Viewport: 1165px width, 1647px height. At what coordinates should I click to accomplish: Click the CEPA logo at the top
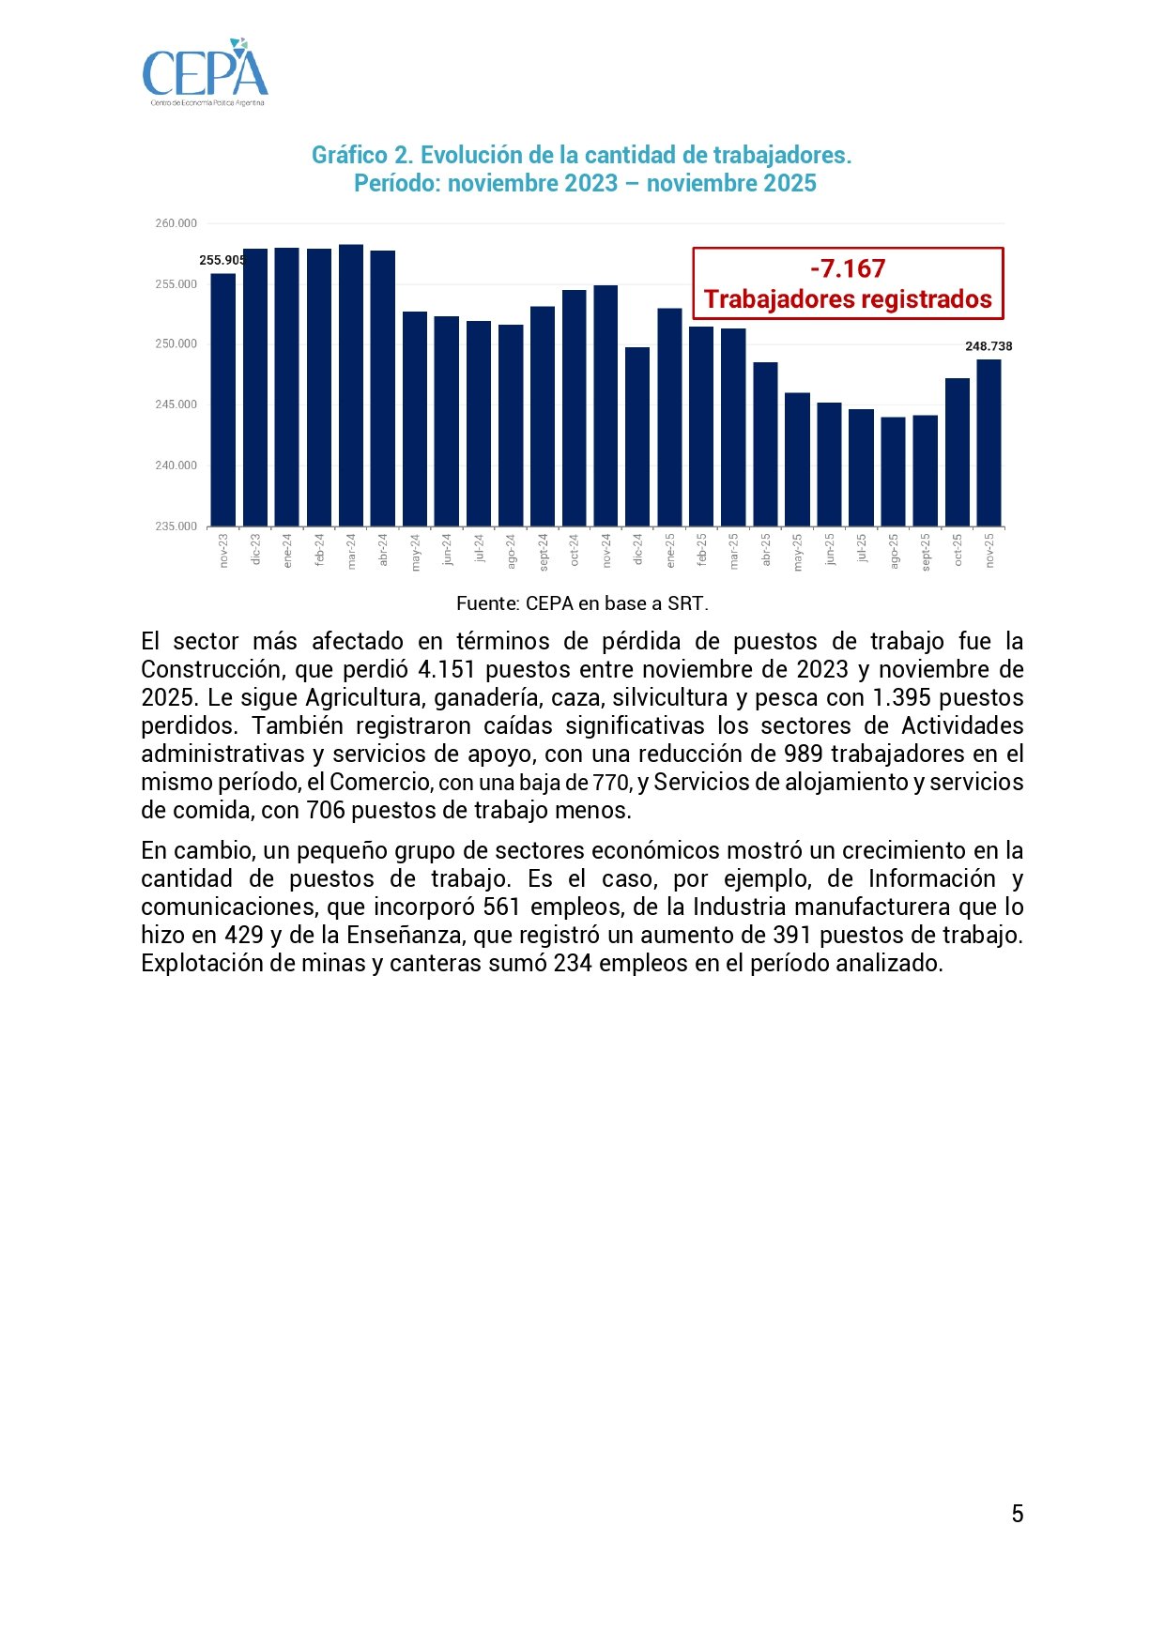205,72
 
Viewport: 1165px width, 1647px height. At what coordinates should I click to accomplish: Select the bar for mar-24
351,385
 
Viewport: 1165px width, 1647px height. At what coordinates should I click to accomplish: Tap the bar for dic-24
637,436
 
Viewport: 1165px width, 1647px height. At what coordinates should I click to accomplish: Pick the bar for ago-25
893,471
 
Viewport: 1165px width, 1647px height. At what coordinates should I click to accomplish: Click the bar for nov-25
989,442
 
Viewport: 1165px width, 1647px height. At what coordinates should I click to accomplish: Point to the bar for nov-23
223,400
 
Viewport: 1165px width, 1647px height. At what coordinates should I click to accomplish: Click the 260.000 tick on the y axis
176,223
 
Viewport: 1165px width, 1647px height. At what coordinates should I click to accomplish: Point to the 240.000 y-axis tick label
176,465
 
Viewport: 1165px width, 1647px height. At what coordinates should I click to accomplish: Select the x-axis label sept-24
544,553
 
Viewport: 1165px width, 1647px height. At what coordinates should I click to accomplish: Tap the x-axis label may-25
798,553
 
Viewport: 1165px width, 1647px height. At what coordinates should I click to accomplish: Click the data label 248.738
989,346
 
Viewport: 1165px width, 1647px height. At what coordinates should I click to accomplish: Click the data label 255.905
222,261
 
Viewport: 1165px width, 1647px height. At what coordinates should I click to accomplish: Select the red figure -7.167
848,269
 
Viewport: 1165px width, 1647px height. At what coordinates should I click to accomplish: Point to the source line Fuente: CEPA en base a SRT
582,603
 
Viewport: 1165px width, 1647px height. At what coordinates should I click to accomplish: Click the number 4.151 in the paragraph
446,669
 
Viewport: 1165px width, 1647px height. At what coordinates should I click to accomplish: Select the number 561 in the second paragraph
501,907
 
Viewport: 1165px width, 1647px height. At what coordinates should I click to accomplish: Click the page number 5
1018,1514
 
